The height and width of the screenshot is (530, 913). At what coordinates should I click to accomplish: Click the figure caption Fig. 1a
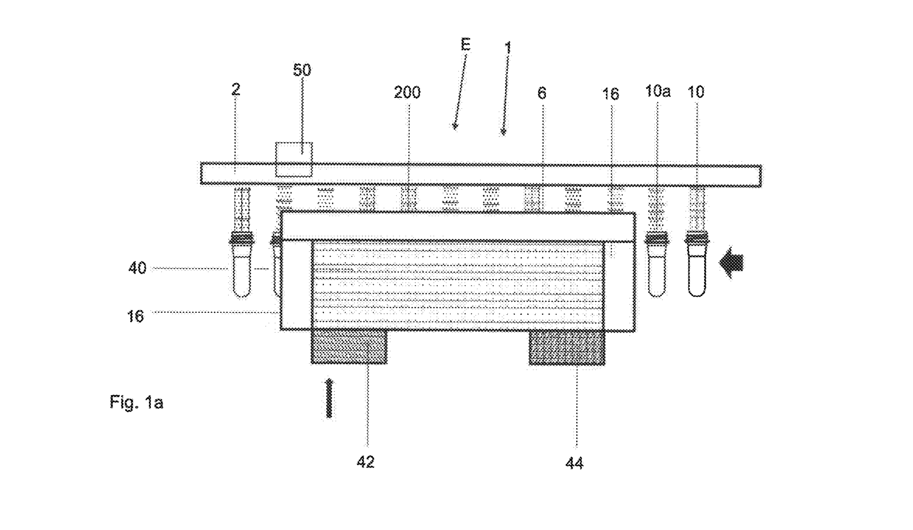point(136,403)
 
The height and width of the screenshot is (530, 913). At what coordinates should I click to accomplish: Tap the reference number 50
point(302,70)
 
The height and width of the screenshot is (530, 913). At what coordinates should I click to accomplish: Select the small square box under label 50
point(294,159)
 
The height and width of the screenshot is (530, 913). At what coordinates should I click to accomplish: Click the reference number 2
point(236,89)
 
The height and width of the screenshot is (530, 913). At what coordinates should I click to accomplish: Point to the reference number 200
point(407,92)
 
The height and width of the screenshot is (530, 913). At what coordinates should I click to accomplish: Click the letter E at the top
point(466,45)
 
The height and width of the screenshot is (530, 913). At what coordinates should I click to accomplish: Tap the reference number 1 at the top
point(508,48)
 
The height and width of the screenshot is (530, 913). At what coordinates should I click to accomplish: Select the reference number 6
point(542,93)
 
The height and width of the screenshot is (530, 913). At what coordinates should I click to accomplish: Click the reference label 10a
point(658,91)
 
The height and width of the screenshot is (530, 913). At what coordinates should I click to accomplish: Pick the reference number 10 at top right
point(696,92)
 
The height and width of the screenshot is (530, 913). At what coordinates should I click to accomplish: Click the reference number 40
point(137,269)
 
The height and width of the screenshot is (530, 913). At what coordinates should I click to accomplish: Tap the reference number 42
point(366,462)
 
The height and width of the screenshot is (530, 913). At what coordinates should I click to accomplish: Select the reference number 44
point(574,463)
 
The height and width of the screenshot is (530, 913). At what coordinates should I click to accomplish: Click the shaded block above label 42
point(349,347)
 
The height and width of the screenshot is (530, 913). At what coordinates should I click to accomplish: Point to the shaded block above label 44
point(567,348)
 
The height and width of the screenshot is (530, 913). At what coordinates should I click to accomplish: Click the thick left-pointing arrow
point(732,265)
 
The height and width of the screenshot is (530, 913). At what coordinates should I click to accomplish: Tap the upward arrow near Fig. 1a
point(329,398)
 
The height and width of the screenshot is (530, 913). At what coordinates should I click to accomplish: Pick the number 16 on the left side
point(136,316)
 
